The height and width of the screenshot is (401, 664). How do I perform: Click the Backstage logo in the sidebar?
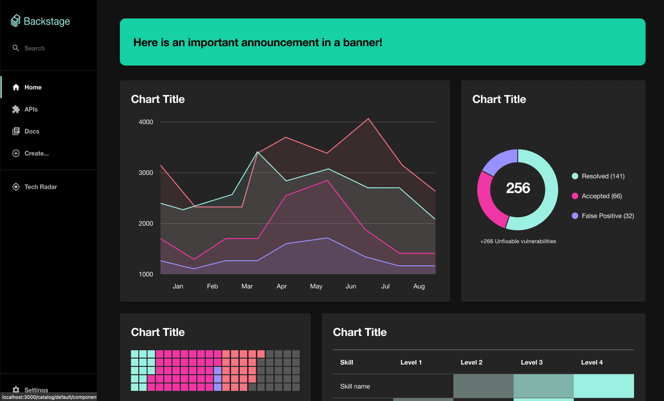(x=40, y=21)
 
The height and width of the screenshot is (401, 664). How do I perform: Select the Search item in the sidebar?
(x=34, y=48)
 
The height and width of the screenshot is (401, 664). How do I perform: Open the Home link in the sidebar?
(x=33, y=87)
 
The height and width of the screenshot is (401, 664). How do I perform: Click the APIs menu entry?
(x=31, y=109)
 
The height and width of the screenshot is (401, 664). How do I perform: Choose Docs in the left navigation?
(x=32, y=132)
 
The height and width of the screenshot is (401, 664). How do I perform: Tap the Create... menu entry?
(x=36, y=154)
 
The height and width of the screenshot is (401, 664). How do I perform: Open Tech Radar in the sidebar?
(x=41, y=187)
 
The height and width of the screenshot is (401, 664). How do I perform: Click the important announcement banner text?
(x=258, y=42)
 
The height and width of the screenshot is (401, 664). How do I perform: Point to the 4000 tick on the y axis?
(x=146, y=122)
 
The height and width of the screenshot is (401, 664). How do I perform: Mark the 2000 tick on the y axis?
(x=146, y=224)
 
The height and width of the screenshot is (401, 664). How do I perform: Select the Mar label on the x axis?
(x=247, y=287)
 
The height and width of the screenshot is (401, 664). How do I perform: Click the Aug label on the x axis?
(x=419, y=287)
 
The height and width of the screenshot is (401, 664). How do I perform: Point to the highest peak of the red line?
(x=368, y=119)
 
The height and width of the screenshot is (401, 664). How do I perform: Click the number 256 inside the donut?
(x=518, y=188)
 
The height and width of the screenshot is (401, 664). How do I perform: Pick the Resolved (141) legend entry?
(x=603, y=176)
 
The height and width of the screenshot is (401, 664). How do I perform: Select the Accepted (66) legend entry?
(x=601, y=196)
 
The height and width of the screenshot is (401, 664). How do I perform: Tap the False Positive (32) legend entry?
(x=607, y=216)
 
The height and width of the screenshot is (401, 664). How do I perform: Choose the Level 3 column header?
(x=532, y=363)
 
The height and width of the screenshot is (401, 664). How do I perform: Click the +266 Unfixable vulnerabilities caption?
(x=518, y=241)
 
